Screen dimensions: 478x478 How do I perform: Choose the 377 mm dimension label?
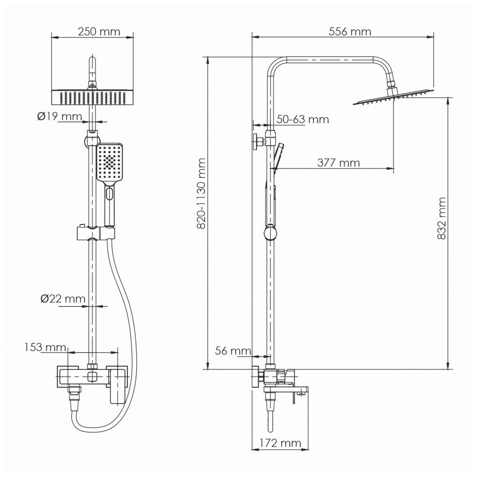(338, 163)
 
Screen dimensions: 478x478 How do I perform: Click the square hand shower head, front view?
(111, 163)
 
